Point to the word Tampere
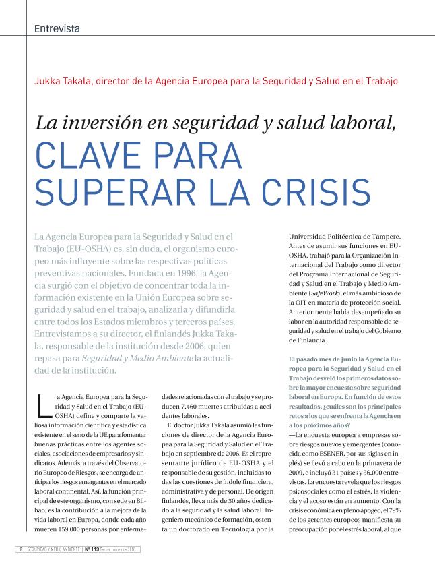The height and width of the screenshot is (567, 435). [384, 237]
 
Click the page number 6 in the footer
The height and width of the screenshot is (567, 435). [20, 549]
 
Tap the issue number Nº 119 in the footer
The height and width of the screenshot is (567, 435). [93, 549]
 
